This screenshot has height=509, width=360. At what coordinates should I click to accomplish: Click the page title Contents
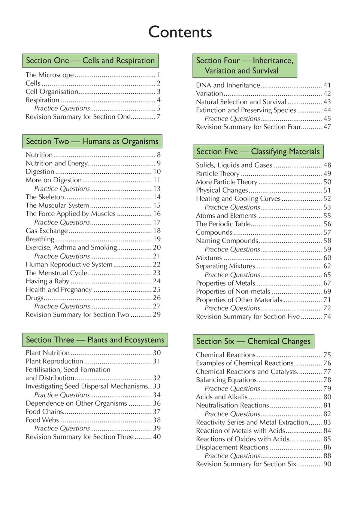point(180,32)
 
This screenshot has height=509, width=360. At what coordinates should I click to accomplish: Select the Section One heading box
point(90,61)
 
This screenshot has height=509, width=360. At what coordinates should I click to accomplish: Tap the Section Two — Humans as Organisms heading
point(92,141)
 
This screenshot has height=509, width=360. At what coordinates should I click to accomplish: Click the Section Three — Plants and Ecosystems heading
point(95,340)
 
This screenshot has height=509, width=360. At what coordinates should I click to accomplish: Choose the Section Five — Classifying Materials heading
point(258,152)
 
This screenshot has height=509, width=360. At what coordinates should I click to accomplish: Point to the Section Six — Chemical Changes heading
point(254,341)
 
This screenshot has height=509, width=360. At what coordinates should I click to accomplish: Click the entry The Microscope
point(50,75)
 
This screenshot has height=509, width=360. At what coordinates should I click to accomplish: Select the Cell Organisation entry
point(52,92)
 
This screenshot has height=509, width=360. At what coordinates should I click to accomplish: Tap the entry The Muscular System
point(57,205)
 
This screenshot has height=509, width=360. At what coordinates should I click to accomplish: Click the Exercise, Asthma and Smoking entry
point(71,247)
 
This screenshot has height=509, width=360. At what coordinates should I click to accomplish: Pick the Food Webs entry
point(42,420)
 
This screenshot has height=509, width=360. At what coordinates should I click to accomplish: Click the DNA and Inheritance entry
point(228,85)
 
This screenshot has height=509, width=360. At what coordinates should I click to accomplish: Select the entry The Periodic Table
point(223,224)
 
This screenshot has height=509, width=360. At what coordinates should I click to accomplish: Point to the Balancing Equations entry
point(226,380)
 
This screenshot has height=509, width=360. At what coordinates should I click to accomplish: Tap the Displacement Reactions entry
point(232,447)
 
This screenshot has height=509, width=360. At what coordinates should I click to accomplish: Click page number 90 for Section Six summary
point(327,464)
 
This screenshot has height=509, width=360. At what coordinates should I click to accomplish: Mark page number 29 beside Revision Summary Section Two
point(157,315)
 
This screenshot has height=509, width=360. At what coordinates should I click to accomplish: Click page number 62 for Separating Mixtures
point(327,266)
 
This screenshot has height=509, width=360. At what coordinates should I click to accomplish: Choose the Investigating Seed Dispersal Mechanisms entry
point(87,386)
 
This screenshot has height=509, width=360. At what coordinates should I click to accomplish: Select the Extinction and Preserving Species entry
point(246,110)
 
